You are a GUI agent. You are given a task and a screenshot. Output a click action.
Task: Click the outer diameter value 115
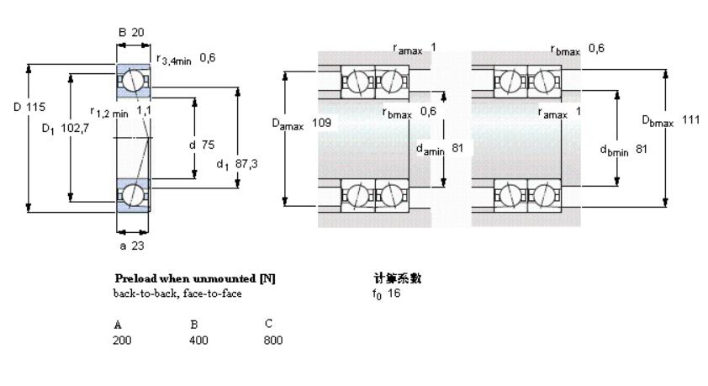[x=36, y=107]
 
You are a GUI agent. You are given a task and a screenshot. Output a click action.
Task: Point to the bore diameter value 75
[x=209, y=144]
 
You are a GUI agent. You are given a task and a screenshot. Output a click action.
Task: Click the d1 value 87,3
[x=246, y=164]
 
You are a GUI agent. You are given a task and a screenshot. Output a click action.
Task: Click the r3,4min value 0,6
[x=209, y=57]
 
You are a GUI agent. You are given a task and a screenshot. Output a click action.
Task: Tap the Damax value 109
[x=320, y=123]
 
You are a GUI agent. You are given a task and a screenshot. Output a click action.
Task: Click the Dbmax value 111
[x=690, y=119]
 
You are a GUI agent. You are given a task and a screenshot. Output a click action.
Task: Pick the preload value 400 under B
[x=198, y=341]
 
